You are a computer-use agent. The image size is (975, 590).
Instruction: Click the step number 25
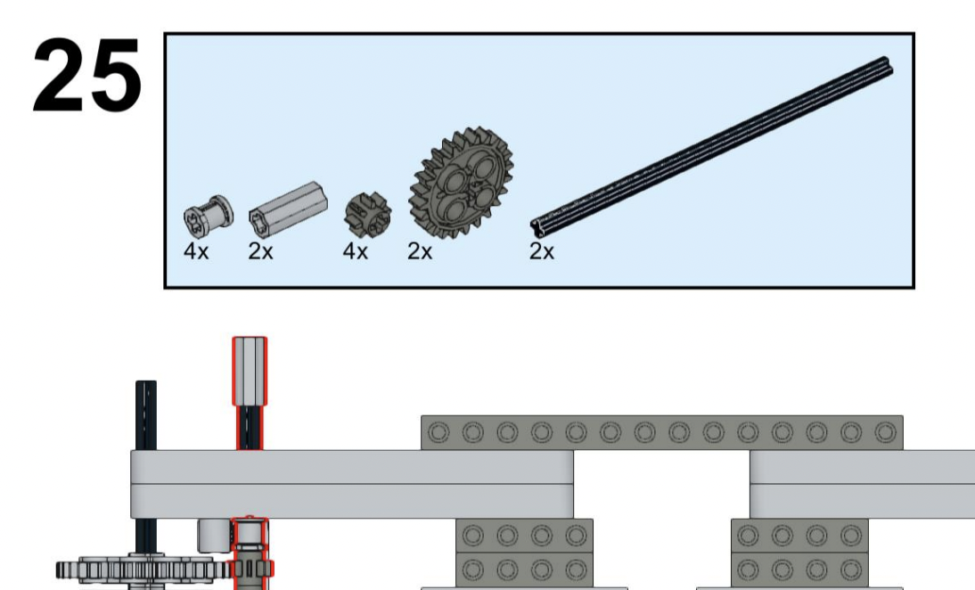click(86, 77)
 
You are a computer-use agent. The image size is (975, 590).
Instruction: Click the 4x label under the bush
click(196, 251)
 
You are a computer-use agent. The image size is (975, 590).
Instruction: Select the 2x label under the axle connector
click(261, 251)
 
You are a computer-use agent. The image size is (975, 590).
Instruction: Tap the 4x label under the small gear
click(356, 251)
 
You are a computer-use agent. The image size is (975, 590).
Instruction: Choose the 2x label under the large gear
click(420, 251)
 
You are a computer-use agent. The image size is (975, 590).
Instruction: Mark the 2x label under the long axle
click(541, 251)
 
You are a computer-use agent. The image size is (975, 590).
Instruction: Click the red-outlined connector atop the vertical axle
click(250, 370)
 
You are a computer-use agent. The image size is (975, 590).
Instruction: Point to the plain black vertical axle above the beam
click(146, 414)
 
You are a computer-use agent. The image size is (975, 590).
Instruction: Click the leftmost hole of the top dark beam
click(438, 433)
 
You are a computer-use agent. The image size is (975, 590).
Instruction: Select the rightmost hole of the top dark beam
click(884, 433)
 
